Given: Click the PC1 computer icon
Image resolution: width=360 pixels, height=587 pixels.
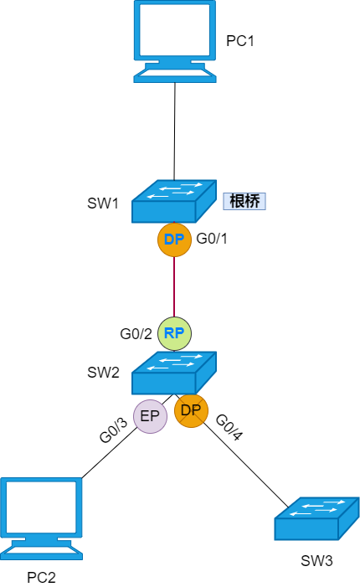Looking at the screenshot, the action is click(x=175, y=41).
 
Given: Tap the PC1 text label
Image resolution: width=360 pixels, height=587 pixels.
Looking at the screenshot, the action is click(x=240, y=41).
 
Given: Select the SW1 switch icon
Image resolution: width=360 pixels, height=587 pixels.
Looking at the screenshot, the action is click(x=174, y=202).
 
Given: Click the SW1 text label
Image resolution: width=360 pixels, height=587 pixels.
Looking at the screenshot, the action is click(x=103, y=203).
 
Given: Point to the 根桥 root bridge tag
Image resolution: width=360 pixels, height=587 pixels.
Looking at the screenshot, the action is click(x=244, y=202).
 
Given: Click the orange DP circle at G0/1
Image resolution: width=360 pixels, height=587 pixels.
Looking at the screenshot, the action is click(x=174, y=239).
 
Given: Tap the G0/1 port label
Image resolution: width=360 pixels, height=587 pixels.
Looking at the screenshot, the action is click(x=212, y=239).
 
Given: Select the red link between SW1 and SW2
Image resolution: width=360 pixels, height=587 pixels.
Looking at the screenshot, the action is click(x=174, y=286).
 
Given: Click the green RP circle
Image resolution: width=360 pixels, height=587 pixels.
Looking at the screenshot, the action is click(x=174, y=333).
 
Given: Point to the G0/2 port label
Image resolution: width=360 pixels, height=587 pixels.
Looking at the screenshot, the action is click(x=136, y=333).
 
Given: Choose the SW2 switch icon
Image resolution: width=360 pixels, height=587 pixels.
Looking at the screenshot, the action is click(x=174, y=373).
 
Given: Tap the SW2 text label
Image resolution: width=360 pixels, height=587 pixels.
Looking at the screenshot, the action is click(x=103, y=373).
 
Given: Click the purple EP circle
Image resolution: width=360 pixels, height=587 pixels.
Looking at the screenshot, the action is click(x=150, y=416).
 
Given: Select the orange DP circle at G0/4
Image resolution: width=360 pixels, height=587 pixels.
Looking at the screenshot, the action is click(x=191, y=410).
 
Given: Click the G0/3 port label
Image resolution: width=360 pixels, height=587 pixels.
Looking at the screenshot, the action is click(x=113, y=430).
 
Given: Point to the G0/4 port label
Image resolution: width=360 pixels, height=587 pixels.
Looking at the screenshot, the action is click(x=229, y=427).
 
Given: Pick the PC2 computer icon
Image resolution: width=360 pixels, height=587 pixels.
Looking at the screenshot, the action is click(x=41, y=519).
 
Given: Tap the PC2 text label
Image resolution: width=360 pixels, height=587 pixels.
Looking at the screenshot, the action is click(x=41, y=578).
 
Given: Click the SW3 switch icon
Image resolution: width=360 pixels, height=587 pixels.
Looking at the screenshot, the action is click(x=317, y=519).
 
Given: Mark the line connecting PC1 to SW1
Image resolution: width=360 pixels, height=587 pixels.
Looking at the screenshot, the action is click(x=175, y=131).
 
